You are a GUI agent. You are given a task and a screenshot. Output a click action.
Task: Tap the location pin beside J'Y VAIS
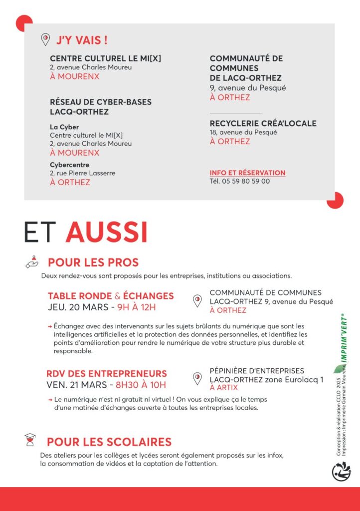coord(45,39)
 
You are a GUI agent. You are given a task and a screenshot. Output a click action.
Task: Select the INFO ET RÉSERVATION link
coord(247,173)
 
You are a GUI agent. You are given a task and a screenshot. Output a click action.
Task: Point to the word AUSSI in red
coord(106,232)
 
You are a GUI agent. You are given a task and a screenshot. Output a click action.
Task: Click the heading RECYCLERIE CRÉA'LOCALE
coord(263,123)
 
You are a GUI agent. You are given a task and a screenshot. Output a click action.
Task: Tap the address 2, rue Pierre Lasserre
coord(82,173)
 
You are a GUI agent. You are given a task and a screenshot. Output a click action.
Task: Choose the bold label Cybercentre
coord(69,165)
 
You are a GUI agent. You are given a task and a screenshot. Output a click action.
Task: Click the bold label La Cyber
coord(64,127)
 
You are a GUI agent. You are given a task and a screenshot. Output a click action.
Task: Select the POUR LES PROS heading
coord(93,262)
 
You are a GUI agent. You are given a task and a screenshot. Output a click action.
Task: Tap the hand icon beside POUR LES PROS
coord(32,262)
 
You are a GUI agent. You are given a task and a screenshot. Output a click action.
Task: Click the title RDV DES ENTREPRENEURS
coord(107,374)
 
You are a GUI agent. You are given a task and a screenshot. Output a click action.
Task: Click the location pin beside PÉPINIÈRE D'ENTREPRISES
coord(197,379)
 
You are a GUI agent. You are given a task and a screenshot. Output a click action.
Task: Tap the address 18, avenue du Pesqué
coord(243,132)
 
